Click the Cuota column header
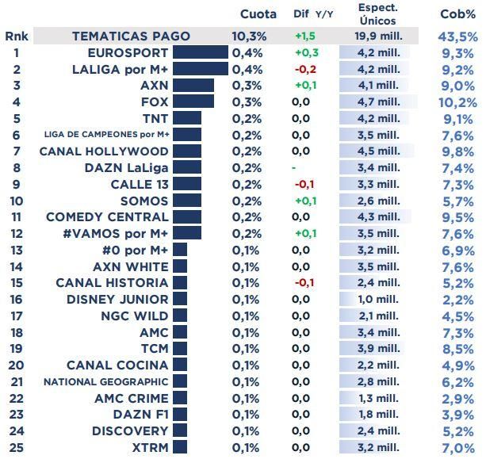(258, 14)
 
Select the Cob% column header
(457, 14)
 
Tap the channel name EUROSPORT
(128, 52)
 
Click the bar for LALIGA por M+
(200, 69)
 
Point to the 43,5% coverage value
(457, 36)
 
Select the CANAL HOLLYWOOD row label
(104, 151)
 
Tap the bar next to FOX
(193, 101)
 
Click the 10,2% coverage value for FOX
(457, 102)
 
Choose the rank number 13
(16, 250)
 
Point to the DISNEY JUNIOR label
(117, 299)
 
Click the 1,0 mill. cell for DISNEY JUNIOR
(377, 299)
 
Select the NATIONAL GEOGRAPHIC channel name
(106, 381)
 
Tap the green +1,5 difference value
(305, 36)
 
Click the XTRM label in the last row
(150, 447)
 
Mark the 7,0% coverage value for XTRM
(457, 448)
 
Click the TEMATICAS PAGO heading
(131, 36)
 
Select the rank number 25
(16, 447)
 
